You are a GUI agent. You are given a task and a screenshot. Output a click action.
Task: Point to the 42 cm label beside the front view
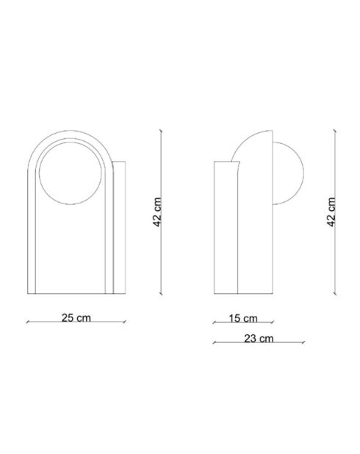coord(157,213)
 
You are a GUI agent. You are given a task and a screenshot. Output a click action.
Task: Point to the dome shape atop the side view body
coord(250,148)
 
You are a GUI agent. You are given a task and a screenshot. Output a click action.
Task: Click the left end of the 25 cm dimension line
coord(26,323)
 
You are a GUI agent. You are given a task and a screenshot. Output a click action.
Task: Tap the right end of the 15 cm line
coord(273,323)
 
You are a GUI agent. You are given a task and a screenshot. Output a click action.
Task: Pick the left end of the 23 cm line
coord(212,344)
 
